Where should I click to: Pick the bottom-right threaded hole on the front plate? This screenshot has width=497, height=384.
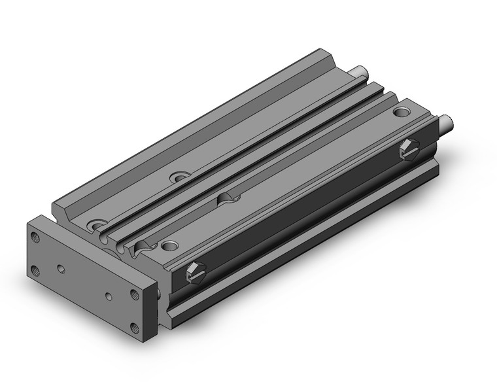(x=136, y=328)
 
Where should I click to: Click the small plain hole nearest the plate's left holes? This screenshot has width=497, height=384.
(x=60, y=268)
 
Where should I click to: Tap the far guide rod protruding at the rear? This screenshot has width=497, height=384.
(x=358, y=71)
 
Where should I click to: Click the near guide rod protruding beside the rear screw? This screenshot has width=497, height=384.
(x=446, y=122)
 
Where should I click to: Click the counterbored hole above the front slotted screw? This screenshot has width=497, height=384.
(x=170, y=245)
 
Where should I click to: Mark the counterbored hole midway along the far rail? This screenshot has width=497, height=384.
(x=179, y=177)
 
